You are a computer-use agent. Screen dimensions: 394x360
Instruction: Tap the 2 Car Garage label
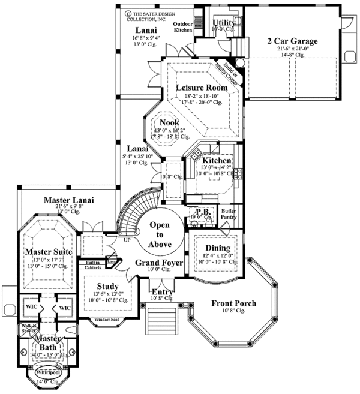tap(292, 41)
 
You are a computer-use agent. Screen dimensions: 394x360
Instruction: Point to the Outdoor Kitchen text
tap(182, 26)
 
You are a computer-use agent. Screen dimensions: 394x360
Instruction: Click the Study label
tap(107, 286)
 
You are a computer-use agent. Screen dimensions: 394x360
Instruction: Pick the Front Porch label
tap(233, 303)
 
